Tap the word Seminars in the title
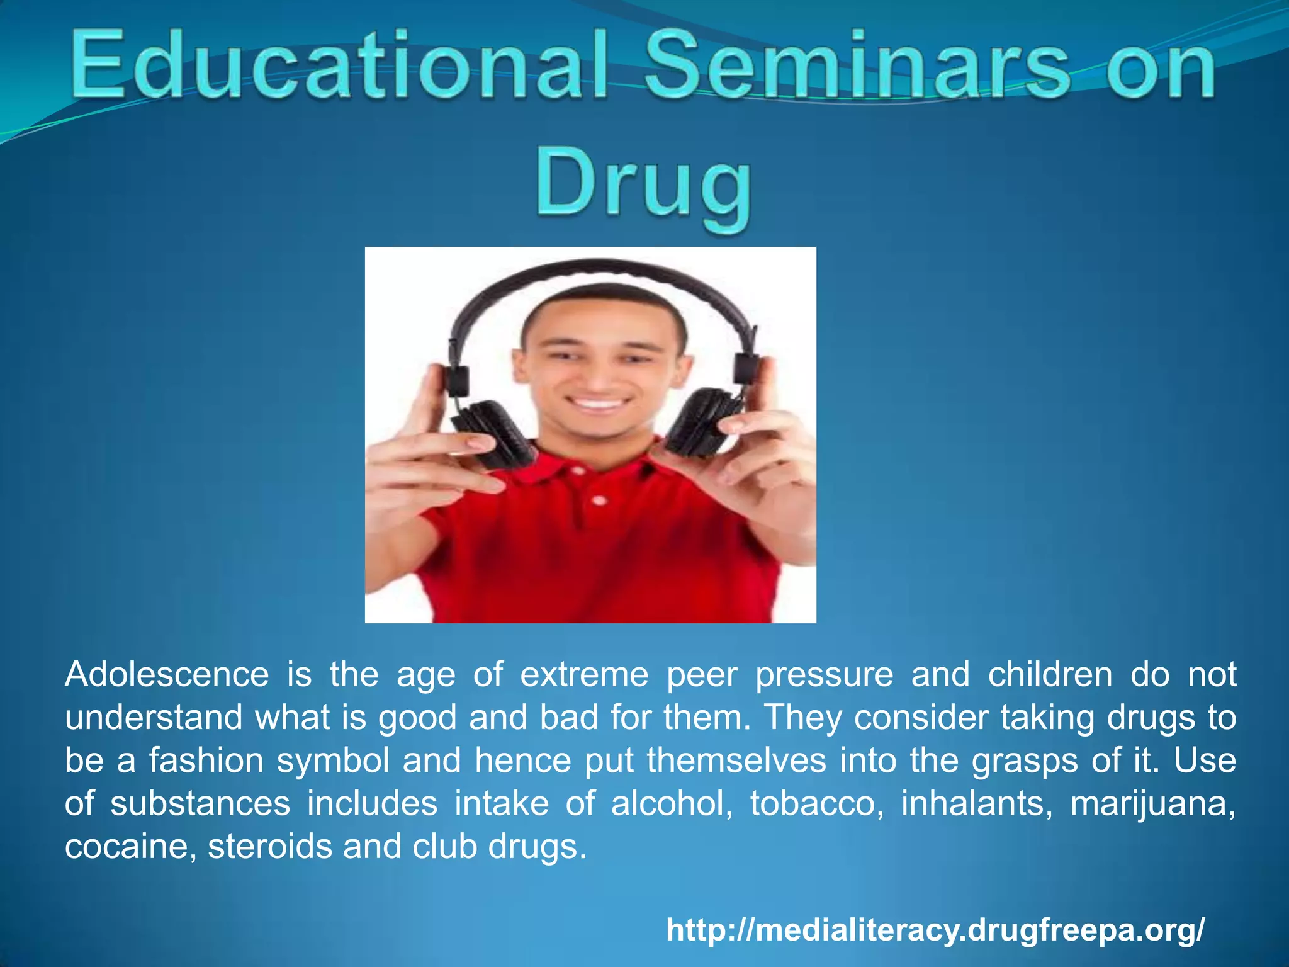tap(856, 66)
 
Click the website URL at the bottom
tap(935, 929)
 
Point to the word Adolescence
tap(167, 675)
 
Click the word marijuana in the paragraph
tap(1153, 804)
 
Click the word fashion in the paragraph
tap(206, 761)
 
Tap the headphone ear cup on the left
tap(491, 434)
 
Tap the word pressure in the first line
tap(824, 675)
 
